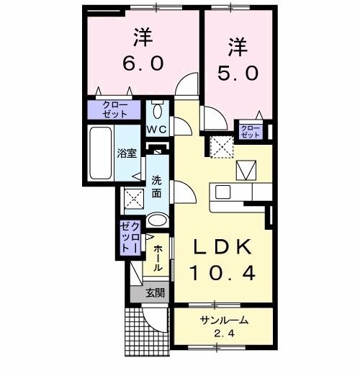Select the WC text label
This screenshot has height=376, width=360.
tap(157, 130)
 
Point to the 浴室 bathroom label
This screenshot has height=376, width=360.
tap(127, 153)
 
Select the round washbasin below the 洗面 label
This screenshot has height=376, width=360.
tap(158, 220)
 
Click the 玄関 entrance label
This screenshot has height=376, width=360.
tap(154, 292)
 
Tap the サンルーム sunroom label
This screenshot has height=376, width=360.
tap(223, 322)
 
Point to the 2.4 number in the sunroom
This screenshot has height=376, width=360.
tap(223, 335)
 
